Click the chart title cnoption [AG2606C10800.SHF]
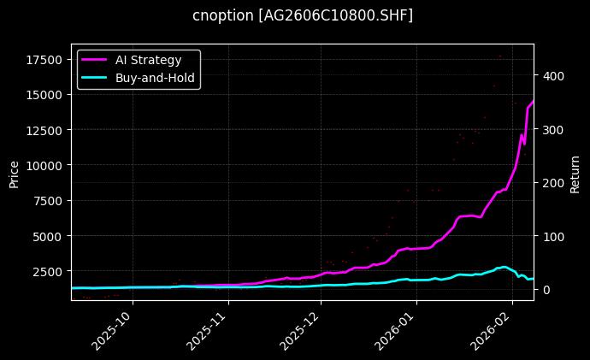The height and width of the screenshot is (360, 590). click(303, 15)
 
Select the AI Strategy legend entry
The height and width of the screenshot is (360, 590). click(148, 60)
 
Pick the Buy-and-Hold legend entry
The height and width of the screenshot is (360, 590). click(155, 77)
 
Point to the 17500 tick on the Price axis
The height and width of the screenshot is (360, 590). click(43, 60)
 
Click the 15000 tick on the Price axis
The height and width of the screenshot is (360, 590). click(43, 95)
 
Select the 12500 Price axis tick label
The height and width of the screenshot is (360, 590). click(43, 130)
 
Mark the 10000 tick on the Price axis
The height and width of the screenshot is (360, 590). click(43, 165)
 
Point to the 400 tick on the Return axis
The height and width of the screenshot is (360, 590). click(552, 75)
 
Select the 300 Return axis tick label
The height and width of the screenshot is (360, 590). click(552, 129)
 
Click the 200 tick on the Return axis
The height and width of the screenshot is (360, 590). click(552, 182)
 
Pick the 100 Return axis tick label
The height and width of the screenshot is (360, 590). click(552, 236)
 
